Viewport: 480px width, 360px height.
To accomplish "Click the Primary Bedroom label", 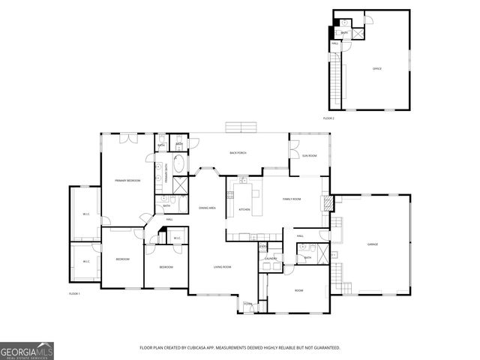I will [x=127, y=181].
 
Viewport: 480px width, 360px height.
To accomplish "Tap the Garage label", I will [x=372, y=244].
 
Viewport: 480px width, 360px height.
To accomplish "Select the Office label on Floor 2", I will [x=377, y=69].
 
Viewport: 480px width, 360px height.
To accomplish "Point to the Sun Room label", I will [x=310, y=155].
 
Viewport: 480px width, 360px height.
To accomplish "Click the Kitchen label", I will [x=244, y=209].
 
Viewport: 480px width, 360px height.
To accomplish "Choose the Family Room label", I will [x=292, y=199].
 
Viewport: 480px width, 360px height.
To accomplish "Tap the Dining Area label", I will [x=207, y=208].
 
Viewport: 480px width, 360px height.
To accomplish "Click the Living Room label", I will [x=222, y=267].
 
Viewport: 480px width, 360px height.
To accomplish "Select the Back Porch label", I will [x=238, y=153].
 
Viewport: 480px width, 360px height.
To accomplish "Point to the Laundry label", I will [x=271, y=259].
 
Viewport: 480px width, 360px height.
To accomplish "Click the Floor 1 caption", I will [x=74, y=293].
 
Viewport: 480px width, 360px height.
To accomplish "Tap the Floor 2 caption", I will [x=328, y=118].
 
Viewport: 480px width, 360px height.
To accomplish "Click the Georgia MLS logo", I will [x=27, y=350].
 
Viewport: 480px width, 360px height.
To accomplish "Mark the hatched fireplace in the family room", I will [x=325, y=203].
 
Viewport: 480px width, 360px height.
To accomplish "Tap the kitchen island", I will [x=256, y=201].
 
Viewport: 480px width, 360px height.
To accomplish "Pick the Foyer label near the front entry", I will [x=247, y=304].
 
